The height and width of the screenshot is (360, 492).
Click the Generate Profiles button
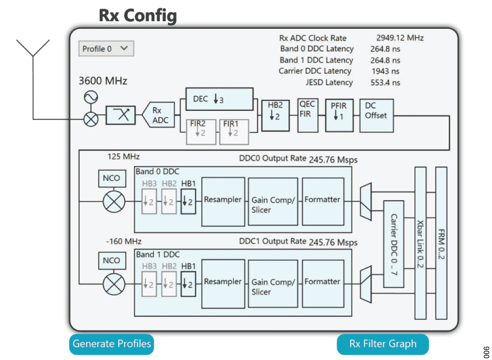(x=111, y=344)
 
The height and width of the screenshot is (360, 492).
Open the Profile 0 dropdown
(x=106, y=48)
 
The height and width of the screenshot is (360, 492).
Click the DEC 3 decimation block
(x=219, y=99)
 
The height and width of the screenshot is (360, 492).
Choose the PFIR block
(x=339, y=115)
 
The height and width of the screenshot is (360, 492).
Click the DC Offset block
(x=376, y=115)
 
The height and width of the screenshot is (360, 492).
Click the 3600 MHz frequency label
(x=103, y=81)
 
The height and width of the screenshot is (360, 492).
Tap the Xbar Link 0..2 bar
(x=420, y=243)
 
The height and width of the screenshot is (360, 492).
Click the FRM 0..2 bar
(x=441, y=243)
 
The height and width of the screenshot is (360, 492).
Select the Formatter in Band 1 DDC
(x=322, y=282)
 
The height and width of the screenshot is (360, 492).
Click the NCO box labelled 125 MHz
(x=111, y=178)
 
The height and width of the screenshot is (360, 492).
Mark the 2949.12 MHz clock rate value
(x=400, y=38)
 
